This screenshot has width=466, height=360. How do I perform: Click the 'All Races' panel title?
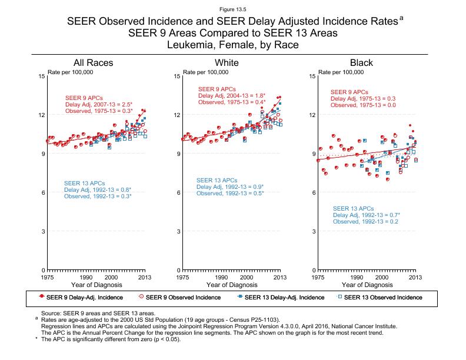coord(93,63)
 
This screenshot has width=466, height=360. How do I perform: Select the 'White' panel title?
coord(227,63)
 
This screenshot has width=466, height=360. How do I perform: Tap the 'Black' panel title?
coord(361,63)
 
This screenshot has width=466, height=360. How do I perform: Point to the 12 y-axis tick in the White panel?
coord(177,115)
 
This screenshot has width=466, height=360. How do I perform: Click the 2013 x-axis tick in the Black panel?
coord(415,276)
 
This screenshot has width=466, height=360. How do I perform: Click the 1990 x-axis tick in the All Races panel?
coord(85,276)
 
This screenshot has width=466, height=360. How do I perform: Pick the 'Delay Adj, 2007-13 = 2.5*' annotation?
coord(98,104)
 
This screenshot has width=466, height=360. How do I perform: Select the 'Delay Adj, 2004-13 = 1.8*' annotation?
coord(232,95)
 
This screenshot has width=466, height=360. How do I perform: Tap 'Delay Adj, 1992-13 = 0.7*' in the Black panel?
coord(366,215)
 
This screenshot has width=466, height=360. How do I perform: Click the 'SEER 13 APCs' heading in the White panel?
coord(217,180)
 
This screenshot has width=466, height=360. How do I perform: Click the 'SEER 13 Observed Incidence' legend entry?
coord(382,298)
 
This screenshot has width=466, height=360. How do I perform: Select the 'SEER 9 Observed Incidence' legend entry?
coord(182,298)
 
